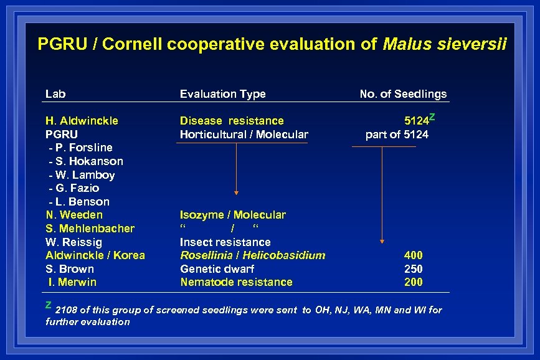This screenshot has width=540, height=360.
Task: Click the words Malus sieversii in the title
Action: click(x=445, y=44)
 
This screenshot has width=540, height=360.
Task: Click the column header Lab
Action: click(x=55, y=94)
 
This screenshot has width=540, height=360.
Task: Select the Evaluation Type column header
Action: click(x=222, y=94)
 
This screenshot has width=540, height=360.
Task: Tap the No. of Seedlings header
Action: click(x=403, y=94)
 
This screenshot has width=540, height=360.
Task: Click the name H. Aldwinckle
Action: click(x=82, y=121)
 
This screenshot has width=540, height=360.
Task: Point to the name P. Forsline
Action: click(x=82, y=148)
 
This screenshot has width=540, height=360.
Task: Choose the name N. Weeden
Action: click(x=74, y=215)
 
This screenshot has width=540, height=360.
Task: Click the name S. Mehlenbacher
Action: click(x=90, y=229)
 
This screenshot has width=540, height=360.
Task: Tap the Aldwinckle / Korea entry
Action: click(x=95, y=255)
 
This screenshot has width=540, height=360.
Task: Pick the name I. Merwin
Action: click(x=73, y=282)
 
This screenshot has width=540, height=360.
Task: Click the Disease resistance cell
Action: click(x=231, y=121)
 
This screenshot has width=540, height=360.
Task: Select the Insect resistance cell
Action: click(x=225, y=242)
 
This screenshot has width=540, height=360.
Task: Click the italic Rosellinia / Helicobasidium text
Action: click(x=252, y=255)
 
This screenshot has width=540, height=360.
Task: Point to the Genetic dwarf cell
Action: click(x=217, y=269)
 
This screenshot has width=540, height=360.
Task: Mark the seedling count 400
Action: click(x=413, y=255)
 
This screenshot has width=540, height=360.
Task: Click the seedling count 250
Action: click(x=413, y=269)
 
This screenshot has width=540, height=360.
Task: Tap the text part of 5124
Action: click(x=397, y=135)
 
